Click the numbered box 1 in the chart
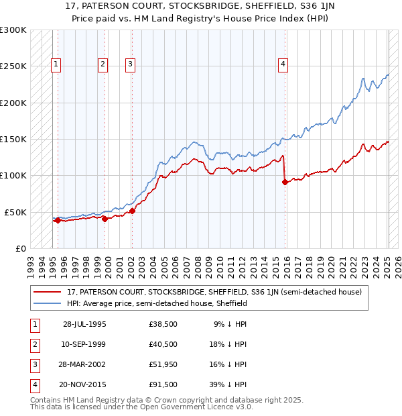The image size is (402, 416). click(56, 64)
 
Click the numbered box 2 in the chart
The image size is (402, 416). click(103, 64)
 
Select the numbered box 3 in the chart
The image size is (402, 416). click(130, 64)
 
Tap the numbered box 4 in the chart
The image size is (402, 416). click(283, 64)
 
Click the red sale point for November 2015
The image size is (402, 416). click(285, 181)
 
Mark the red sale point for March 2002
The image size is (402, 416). click(132, 211)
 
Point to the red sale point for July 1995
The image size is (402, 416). click(58, 220)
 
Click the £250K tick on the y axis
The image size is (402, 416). click(14, 66)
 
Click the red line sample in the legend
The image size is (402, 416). click(48, 293)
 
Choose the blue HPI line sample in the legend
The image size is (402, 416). click(48, 303)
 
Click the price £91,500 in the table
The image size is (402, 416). click(163, 384)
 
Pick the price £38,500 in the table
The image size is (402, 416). click(163, 324)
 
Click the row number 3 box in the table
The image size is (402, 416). click(34, 364)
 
